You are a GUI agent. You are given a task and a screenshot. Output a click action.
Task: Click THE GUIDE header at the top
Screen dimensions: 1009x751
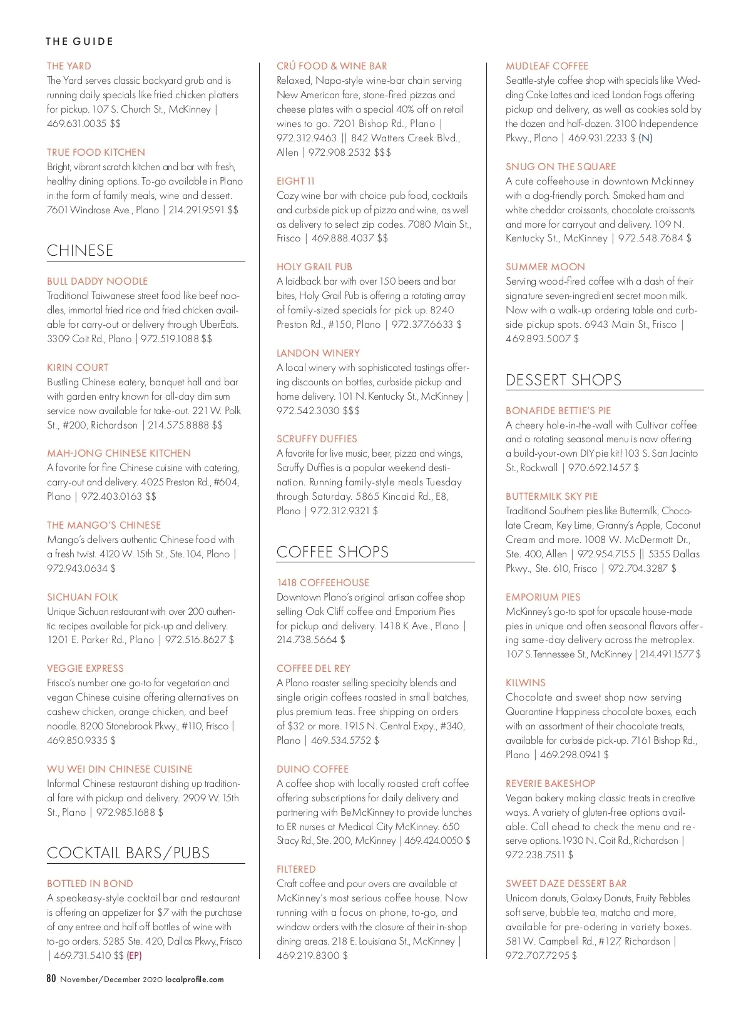pyautogui.click(x=79, y=41)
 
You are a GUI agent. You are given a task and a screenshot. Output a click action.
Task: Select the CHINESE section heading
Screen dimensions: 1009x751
pyautogui.click(x=80, y=250)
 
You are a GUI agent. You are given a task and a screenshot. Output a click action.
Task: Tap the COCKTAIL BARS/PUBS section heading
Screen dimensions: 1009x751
pyautogui.click(x=128, y=853)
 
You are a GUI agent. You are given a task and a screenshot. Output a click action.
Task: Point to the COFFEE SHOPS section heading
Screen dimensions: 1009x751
pyautogui.click(x=332, y=552)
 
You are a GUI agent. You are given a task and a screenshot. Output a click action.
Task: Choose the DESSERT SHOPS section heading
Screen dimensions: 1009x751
pyautogui.click(x=563, y=380)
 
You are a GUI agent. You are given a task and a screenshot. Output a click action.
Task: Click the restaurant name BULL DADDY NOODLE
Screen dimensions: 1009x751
pyautogui.click(x=97, y=281)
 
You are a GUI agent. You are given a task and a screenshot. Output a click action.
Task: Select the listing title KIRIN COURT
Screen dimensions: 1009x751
pyautogui.click(x=78, y=367)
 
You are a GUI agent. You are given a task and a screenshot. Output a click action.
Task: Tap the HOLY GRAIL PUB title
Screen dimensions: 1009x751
pyautogui.click(x=314, y=266)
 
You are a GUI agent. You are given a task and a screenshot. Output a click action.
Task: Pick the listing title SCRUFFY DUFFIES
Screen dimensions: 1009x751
pyautogui.click(x=317, y=439)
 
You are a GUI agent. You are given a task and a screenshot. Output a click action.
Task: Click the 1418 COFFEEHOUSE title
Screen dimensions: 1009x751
pyautogui.click(x=323, y=582)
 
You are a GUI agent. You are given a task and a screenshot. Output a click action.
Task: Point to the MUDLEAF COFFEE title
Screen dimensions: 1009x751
pyautogui.click(x=547, y=66)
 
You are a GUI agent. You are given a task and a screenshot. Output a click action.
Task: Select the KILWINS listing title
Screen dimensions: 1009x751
pyautogui.click(x=526, y=682)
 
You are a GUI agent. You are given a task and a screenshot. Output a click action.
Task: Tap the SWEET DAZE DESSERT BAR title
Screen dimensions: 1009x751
pyautogui.click(x=566, y=883)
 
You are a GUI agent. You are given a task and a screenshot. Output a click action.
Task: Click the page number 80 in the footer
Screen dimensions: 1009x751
pyautogui.click(x=51, y=979)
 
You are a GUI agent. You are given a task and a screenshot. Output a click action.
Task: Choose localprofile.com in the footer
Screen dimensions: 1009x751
pyautogui.click(x=194, y=980)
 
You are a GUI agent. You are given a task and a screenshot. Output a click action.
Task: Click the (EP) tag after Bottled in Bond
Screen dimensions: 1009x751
pyautogui.click(x=134, y=955)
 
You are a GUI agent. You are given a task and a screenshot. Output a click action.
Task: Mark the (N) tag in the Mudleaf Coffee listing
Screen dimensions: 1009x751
pyautogui.click(x=645, y=138)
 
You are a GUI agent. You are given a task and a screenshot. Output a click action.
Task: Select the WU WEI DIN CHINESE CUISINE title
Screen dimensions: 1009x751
pyautogui.click(x=120, y=769)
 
